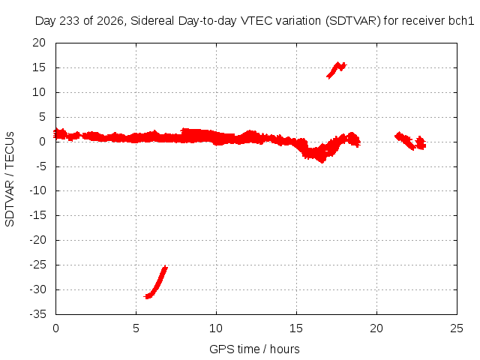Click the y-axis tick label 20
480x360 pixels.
click(39, 43)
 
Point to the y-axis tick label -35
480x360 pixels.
click(38, 314)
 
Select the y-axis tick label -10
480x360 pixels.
click(38, 190)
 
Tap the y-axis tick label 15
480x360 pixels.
click(39, 67)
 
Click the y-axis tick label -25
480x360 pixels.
click(38, 265)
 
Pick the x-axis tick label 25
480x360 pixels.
click(457, 328)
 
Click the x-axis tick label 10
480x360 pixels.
click(216, 328)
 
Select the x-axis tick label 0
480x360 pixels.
click(55, 328)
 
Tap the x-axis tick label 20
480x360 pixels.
click(376, 328)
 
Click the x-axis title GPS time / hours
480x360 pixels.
click(254, 349)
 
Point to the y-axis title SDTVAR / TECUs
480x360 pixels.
click(10, 179)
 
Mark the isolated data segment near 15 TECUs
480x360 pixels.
click(337, 70)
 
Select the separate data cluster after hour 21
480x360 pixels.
click(410, 141)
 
